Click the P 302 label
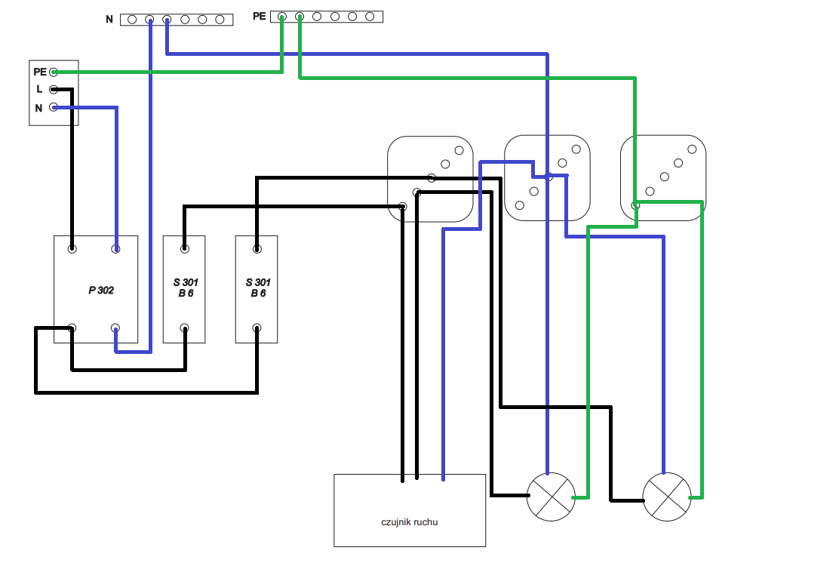coord(101,290)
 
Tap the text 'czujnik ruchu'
coord(410,522)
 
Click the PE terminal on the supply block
coord(54,72)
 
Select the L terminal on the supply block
coord(54,89)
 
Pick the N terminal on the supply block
coord(54,107)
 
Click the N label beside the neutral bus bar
coord(109,20)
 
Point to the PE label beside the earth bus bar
coord(260,17)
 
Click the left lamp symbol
coord(551,497)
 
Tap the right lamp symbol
coord(667,497)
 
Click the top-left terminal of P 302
coord(72,249)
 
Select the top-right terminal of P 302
coord(115,249)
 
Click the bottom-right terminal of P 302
coord(115,328)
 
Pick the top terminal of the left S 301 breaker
coord(185,249)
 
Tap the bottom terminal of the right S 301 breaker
coord(257,328)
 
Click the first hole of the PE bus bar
coord(282,17)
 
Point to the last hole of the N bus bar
coord(220,20)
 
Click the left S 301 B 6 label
coord(186,288)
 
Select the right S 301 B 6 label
coord(258,288)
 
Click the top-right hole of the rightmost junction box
coord(693,149)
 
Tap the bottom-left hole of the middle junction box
coord(520,205)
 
